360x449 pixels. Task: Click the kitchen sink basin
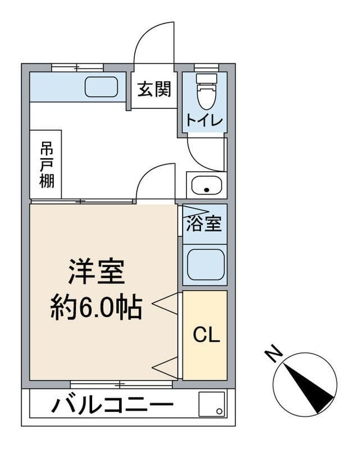pos(101,87)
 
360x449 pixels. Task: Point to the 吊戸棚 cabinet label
pos(47,164)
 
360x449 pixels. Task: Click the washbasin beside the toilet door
pos(206,184)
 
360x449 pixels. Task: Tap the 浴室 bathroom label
pos(204,223)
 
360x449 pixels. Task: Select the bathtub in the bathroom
pos(205,264)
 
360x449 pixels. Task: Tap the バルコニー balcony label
pos(111,405)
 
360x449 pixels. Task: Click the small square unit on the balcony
pos(212,404)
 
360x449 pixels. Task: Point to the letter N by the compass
pos(274,354)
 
